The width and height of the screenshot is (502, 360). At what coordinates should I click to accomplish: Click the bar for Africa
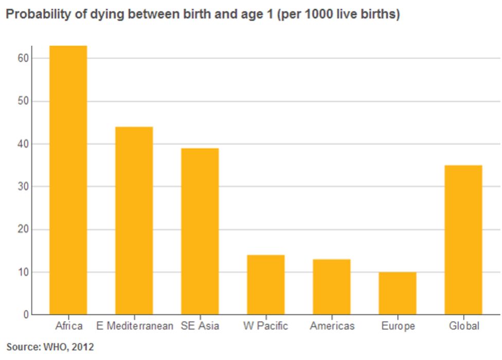68,180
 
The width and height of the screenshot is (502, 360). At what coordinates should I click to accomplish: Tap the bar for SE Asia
200,231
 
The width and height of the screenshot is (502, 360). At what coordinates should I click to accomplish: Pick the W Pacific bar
265,284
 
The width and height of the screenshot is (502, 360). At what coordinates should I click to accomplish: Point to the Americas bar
332,286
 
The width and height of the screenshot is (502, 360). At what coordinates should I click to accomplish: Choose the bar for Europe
398,293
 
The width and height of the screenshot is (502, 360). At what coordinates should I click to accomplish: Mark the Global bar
463,240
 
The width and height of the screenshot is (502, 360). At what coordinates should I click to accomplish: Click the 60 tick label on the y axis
23,59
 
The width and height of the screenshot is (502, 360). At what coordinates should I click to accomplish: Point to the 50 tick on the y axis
23,101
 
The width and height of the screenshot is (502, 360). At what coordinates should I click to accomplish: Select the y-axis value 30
23,187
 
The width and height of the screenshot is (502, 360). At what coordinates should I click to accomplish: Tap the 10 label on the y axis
23,272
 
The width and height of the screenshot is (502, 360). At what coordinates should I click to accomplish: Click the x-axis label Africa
68,326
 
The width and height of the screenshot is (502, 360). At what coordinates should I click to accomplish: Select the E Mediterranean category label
135,326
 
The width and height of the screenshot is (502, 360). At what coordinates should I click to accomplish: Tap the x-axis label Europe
398,326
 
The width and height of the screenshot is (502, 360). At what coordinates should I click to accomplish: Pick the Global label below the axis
464,326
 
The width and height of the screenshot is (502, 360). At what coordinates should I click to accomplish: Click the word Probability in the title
31,15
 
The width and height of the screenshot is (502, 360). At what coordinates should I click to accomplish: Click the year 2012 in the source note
83,347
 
